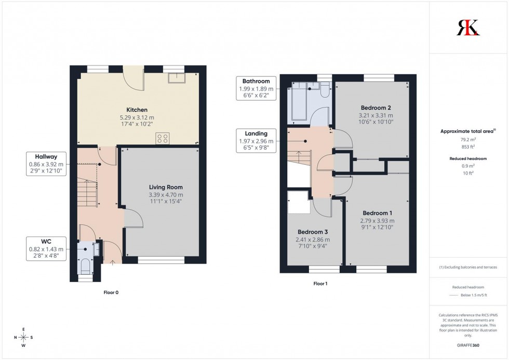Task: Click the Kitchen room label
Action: (x=137, y=110)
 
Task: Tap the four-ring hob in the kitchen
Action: (x=162, y=138)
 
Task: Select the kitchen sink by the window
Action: (x=177, y=78)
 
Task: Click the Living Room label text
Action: (x=166, y=187)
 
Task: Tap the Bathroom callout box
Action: (x=255, y=88)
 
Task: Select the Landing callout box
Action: (x=255, y=140)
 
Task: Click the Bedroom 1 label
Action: (x=377, y=213)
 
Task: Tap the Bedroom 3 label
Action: (x=312, y=232)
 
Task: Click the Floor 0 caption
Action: (x=111, y=292)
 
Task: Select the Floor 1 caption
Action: (x=320, y=284)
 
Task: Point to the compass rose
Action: (x=23, y=337)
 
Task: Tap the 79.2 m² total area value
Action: (x=468, y=139)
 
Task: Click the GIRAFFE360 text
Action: (x=468, y=345)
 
